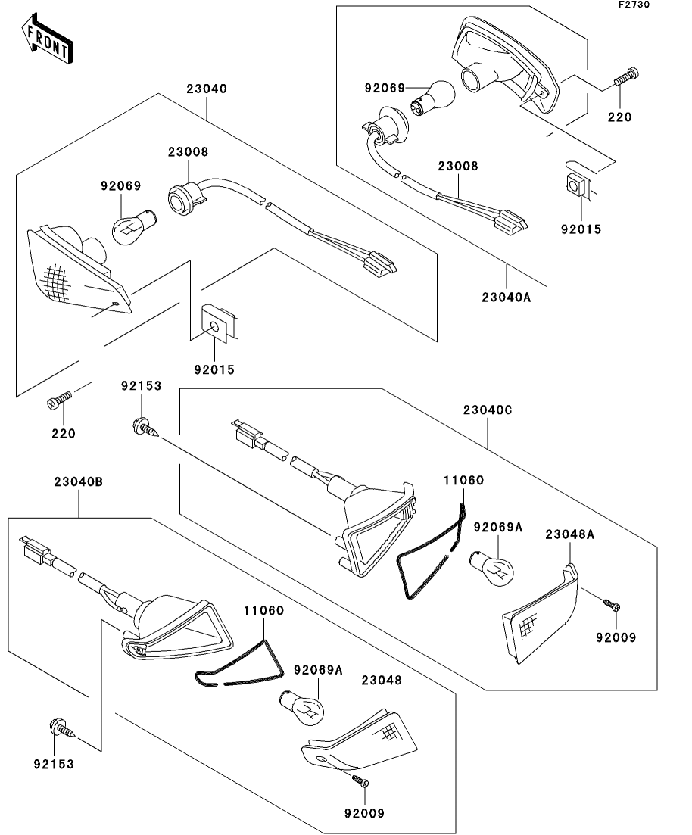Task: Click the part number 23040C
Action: [x=488, y=410]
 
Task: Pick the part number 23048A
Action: [x=569, y=534]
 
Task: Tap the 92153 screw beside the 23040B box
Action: [x=61, y=728]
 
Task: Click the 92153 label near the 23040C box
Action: [x=142, y=385]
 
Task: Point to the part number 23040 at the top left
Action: [x=206, y=89]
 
